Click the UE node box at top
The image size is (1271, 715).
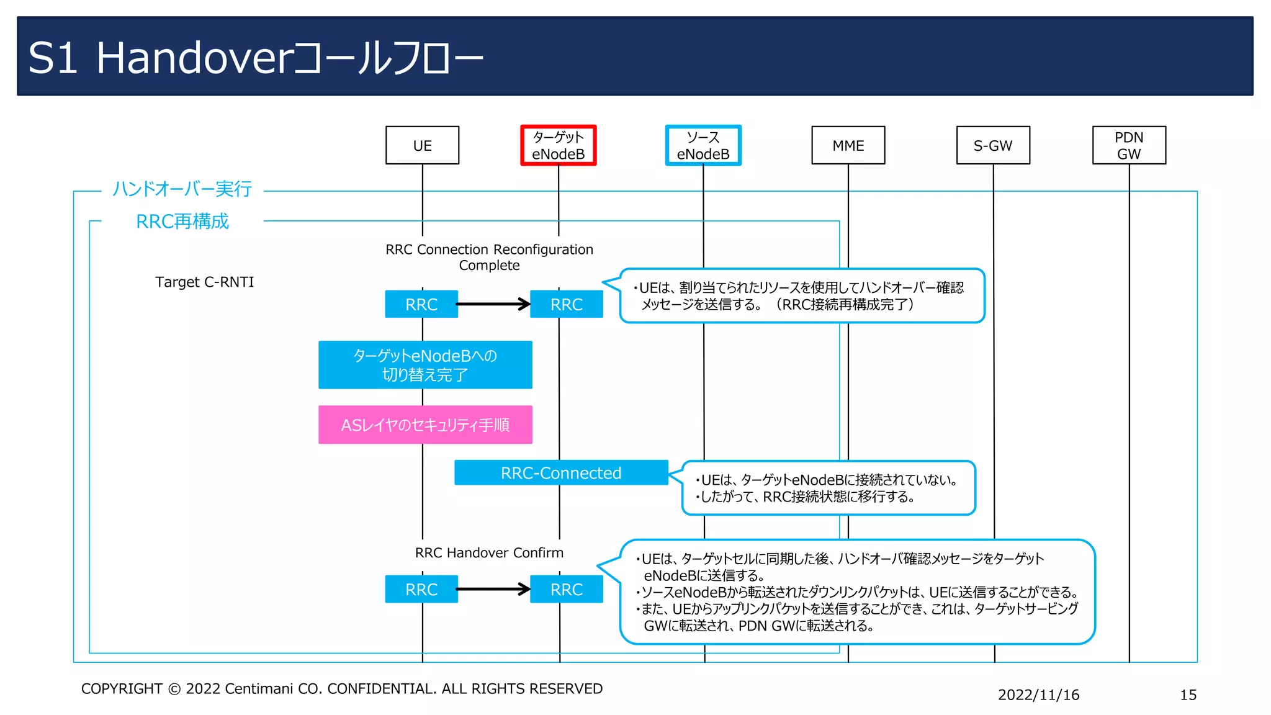pos(422,145)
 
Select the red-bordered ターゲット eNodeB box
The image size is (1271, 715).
pos(558,145)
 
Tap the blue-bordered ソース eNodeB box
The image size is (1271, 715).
pos(703,145)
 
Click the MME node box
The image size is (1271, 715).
pos(848,145)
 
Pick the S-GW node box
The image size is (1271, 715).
pos(992,145)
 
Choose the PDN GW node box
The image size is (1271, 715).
pos(1128,145)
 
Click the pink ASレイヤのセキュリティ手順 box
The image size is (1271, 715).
pos(425,425)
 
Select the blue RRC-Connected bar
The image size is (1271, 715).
pos(560,473)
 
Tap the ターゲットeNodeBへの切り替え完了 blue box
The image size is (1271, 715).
pos(425,365)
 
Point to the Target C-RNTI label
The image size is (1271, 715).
pos(204,282)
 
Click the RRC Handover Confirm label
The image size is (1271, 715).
pos(489,552)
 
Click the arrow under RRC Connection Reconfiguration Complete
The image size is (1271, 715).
pos(493,304)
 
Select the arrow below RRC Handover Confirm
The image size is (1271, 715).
pos(493,589)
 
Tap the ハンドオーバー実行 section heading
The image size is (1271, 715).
pos(182,189)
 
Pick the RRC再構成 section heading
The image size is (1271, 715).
pos(182,221)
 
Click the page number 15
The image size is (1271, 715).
pos(1188,695)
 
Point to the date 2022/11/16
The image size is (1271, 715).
pos(1038,695)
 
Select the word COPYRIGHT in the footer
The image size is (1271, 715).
pos(122,688)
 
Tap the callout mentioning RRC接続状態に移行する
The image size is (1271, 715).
pos(828,488)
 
